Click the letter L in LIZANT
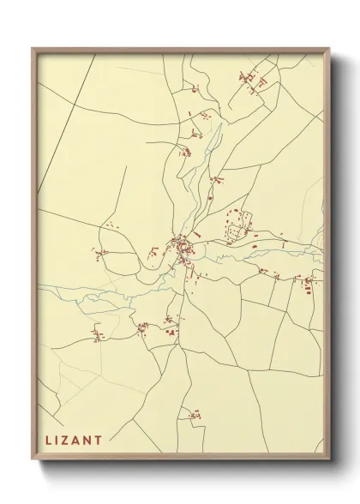[48, 441]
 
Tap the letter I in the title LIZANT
[59, 441]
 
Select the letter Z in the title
[69, 441]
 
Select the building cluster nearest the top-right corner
[253, 80]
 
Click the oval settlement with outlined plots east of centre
[237, 225]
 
